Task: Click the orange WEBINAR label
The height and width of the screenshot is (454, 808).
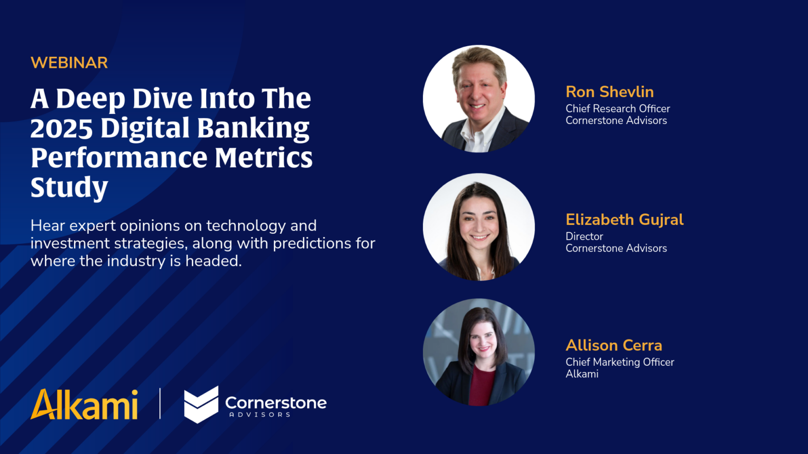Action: tap(69, 63)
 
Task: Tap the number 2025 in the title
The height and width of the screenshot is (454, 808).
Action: tap(62, 128)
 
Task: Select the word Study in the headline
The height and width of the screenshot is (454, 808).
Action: tap(69, 188)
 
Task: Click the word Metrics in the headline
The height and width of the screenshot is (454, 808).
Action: tap(264, 158)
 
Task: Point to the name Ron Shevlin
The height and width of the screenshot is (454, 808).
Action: tap(609, 92)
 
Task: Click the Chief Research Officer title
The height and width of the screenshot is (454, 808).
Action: tap(618, 109)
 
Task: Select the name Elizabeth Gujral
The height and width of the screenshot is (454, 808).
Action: tap(624, 220)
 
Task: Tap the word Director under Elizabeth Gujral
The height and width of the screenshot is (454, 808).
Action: tap(584, 236)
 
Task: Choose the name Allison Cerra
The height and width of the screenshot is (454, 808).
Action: tap(613, 345)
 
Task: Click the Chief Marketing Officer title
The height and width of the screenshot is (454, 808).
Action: tap(619, 362)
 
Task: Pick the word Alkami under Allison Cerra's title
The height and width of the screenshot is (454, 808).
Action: tap(582, 374)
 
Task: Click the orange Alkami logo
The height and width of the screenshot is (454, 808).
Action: tap(84, 405)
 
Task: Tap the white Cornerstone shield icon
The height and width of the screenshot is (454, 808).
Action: tap(201, 405)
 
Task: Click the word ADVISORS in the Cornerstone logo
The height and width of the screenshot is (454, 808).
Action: tap(260, 415)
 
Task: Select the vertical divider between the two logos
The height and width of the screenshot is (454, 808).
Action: tap(160, 404)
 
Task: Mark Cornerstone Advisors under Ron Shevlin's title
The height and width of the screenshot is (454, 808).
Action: tap(616, 121)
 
